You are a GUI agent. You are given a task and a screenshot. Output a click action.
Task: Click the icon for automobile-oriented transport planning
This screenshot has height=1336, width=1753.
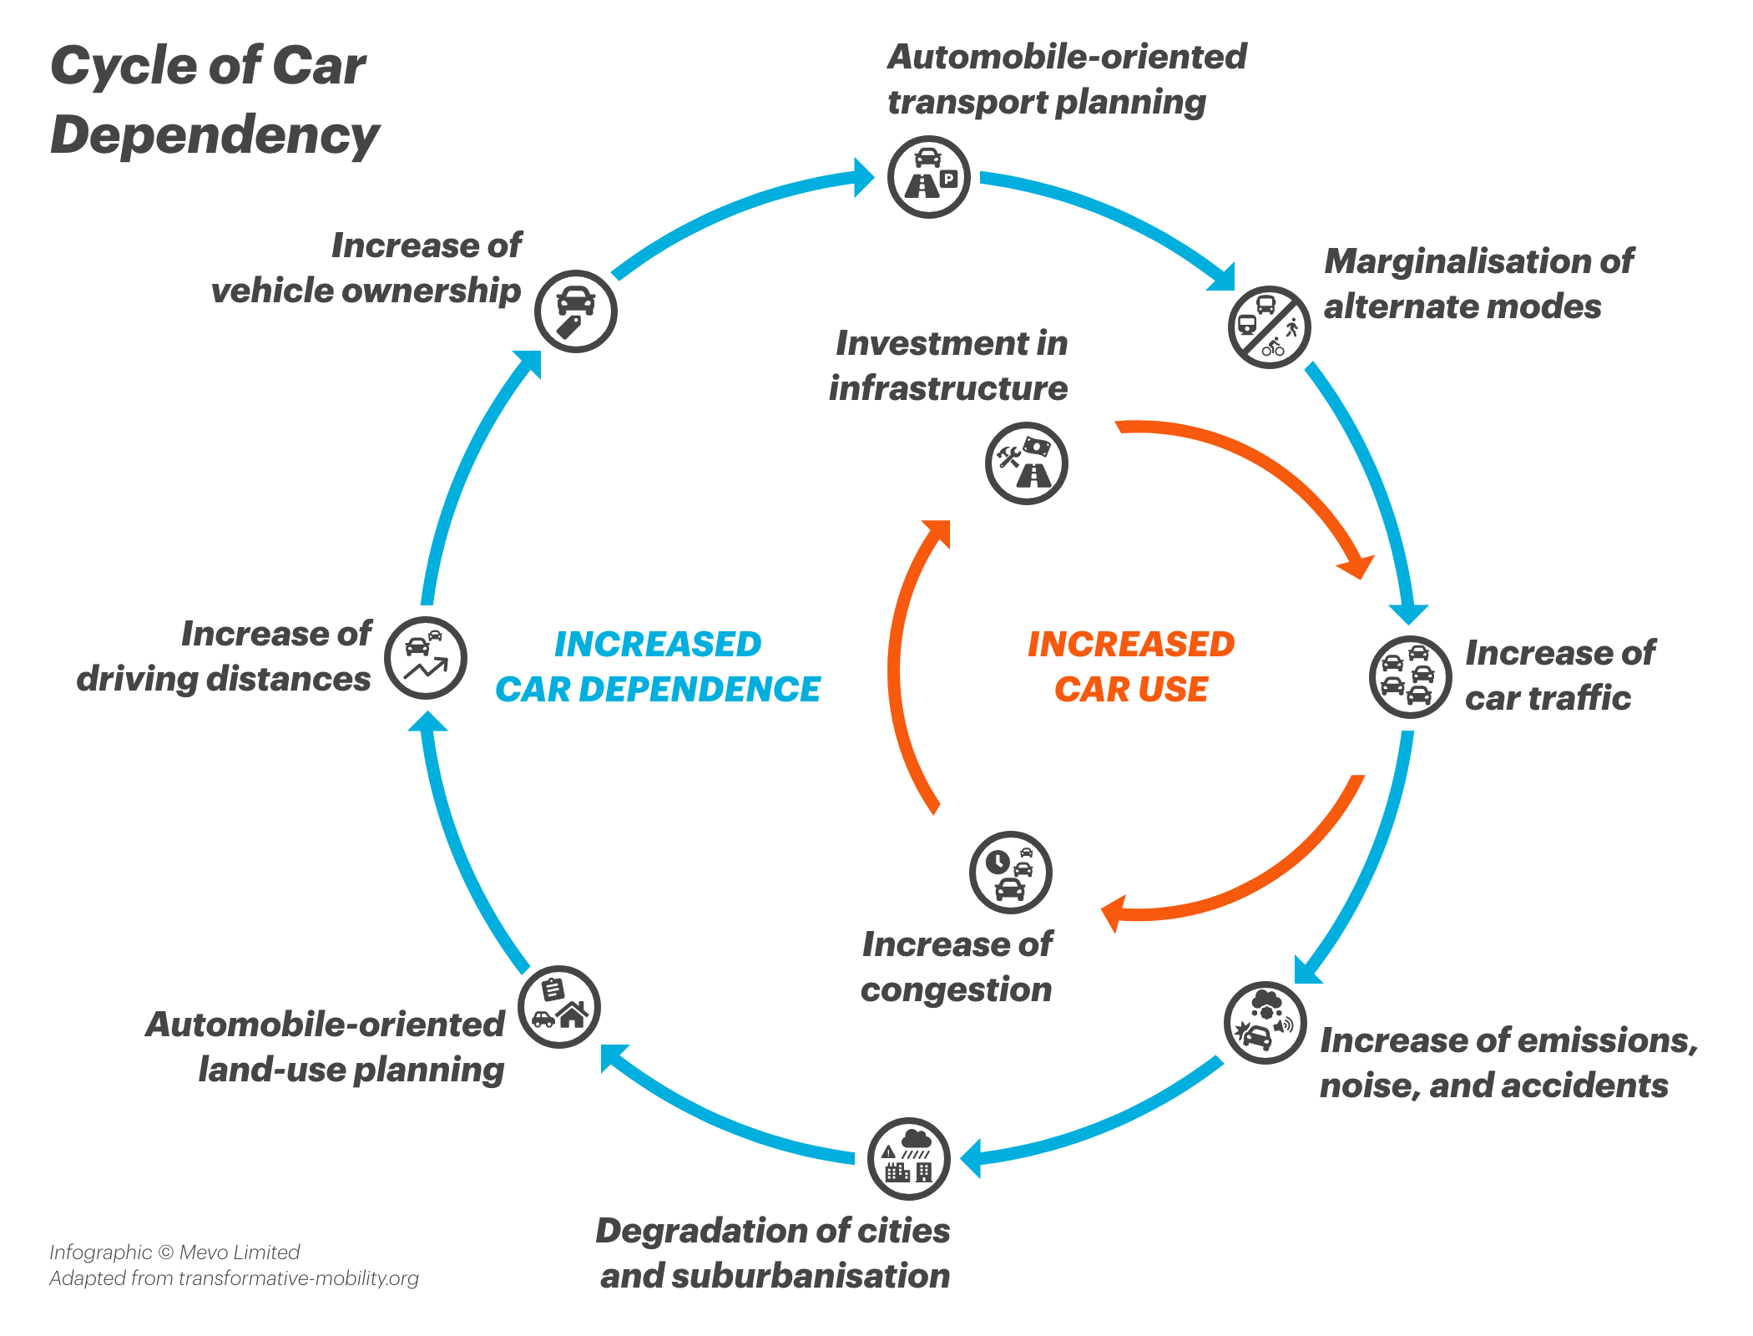click(x=927, y=177)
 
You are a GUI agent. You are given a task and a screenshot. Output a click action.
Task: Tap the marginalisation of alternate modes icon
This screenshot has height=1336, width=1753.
click(x=1269, y=326)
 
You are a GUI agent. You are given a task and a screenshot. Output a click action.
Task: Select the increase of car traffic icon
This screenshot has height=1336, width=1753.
click(x=1410, y=676)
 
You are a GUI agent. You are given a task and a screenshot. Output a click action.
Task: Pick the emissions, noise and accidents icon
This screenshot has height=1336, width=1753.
click(x=1265, y=1022)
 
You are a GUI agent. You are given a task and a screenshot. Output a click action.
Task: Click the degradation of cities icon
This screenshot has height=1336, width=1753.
click(x=908, y=1158)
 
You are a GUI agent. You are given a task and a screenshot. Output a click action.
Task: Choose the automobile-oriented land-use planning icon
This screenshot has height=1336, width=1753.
click(x=558, y=1006)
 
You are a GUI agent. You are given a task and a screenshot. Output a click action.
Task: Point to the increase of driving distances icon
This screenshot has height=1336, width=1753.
click(x=425, y=657)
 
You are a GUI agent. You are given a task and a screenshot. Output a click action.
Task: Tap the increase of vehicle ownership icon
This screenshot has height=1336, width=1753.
click(x=575, y=311)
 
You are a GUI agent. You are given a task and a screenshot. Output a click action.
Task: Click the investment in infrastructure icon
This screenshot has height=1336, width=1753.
click(x=1026, y=463)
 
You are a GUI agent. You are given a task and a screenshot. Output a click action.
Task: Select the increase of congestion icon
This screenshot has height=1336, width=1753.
click(x=1010, y=872)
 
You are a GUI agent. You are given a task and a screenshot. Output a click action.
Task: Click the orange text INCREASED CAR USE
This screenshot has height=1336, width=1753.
click(x=1130, y=666)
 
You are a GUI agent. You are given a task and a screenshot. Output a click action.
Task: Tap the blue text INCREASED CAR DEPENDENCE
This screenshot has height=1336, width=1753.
click(x=658, y=666)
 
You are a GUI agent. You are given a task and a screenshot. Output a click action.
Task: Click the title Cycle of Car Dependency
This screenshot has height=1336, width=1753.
click(x=213, y=100)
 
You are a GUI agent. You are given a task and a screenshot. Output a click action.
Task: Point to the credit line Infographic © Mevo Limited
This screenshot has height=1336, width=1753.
click(x=174, y=1252)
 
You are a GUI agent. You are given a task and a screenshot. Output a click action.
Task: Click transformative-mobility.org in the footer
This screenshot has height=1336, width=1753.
click(x=298, y=1278)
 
